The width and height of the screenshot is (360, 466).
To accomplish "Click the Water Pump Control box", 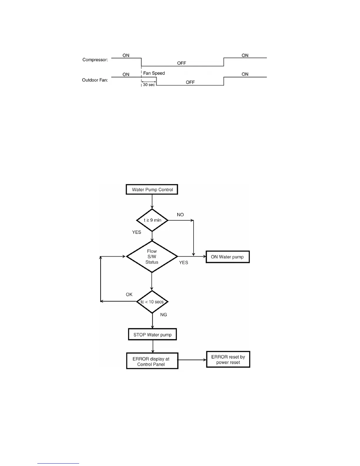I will [152, 190].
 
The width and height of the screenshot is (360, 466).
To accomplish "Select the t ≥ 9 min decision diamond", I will [152, 220].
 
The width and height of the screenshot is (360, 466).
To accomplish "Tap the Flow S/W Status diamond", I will [152, 257].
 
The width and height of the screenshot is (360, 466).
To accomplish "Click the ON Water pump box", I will [227, 257].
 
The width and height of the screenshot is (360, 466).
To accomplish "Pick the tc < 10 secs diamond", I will [152, 302].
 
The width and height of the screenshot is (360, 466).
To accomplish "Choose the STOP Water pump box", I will [152, 334].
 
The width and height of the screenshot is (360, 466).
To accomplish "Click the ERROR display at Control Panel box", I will [152, 361].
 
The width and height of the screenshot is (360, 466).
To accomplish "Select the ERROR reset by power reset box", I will [228, 360].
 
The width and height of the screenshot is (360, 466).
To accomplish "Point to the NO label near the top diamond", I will [180, 215].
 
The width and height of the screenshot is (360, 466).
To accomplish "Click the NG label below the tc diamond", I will [164, 315].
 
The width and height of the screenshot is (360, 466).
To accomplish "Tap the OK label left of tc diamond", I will [129, 294].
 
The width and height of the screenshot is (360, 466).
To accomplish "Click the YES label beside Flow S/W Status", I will [184, 262].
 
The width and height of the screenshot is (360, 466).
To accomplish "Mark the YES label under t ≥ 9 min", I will [136, 232].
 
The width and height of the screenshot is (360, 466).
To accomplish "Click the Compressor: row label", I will [95, 60].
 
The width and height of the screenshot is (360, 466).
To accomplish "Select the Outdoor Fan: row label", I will [95, 80].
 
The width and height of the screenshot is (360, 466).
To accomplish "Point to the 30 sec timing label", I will [149, 85].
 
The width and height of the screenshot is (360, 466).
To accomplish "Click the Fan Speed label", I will [154, 73].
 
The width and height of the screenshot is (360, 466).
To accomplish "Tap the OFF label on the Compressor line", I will [181, 63].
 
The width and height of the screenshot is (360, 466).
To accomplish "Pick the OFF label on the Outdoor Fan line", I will [190, 82].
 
